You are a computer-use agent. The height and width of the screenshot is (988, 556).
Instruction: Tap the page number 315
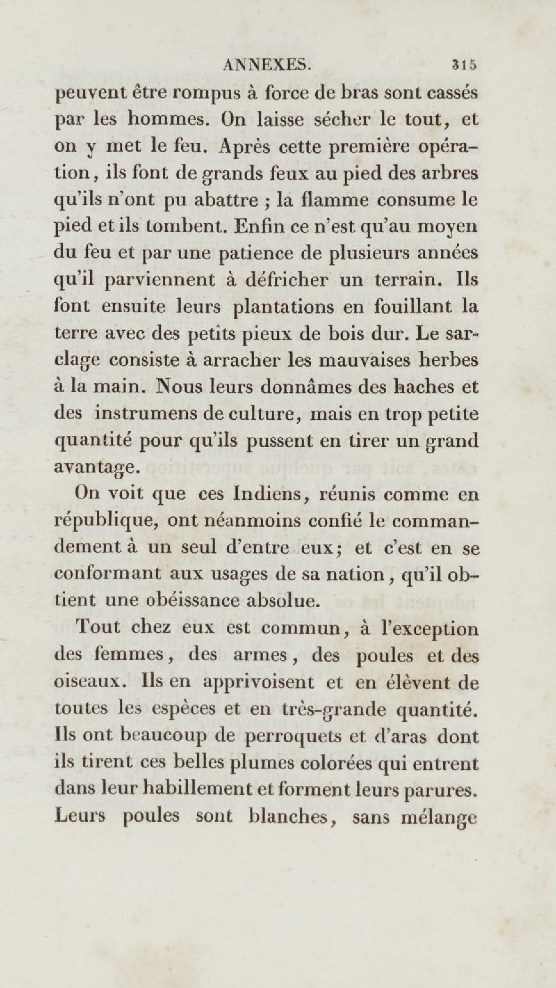coord(464,65)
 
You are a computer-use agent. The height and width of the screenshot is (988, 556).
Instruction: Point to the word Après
coord(245,147)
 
